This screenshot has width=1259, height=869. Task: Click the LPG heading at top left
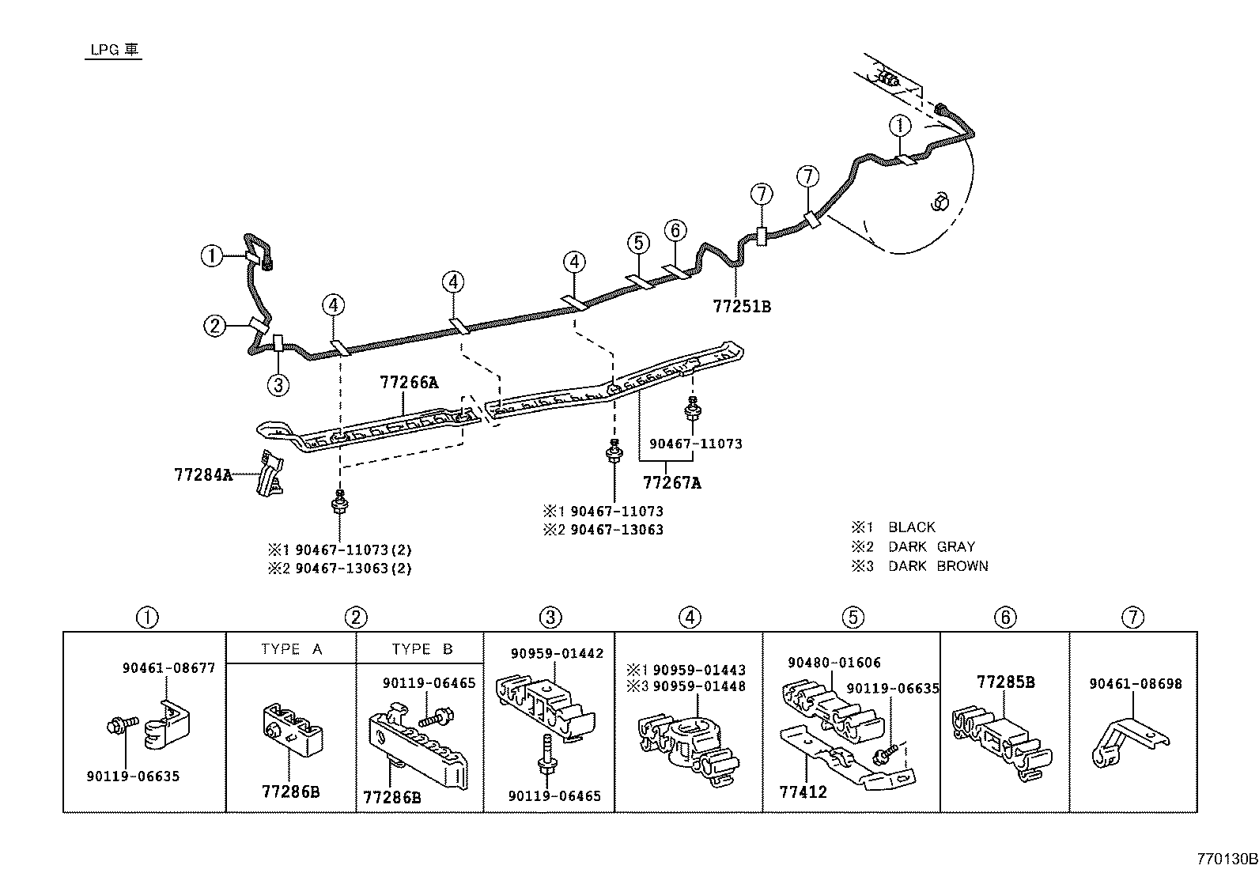click(x=114, y=50)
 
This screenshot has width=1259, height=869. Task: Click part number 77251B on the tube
click(x=741, y=306)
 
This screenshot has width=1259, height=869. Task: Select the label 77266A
click(x=409, y=383)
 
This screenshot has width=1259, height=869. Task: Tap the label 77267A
click(x=671, y=482)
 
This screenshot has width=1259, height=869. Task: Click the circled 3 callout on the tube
click(x=278, y=385)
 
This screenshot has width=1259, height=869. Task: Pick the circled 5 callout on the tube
click(x=639, y=244)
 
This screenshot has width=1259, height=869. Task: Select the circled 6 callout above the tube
click(x=675, y=231)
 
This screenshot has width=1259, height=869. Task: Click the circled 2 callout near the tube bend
click(x=214, y=325)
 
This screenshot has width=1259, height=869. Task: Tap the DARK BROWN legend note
click(x=938, y=566)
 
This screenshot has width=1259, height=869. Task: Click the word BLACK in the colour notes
click(x=911, y=527)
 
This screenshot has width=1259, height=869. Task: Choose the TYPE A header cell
click(x=291, y=649)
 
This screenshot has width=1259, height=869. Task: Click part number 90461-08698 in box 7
click(x=1135, y=684)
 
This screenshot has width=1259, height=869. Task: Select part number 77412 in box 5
click(x=803, y=792)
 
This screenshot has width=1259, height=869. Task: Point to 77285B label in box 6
click(x=1005, y=682)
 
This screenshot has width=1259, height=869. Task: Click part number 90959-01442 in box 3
click(x=557, y=653)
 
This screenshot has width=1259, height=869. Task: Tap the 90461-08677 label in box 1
click(x=168, y=667)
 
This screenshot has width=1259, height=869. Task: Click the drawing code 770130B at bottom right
click(x=1226, y=858)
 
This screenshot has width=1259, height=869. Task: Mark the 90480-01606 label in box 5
click(x=834, y=663)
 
